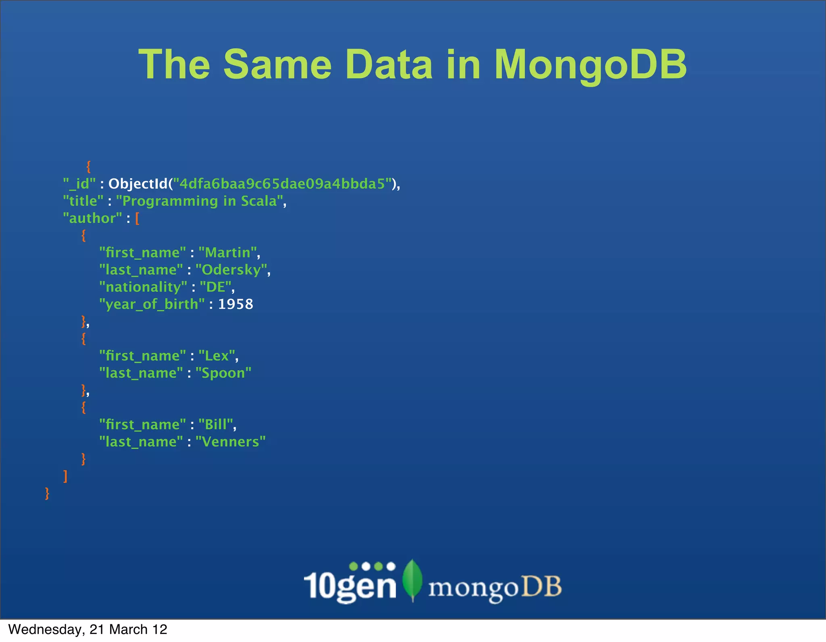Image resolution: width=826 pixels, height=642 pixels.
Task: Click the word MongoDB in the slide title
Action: click(x=590, y=64)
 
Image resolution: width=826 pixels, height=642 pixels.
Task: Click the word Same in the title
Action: click(x=277, y=64)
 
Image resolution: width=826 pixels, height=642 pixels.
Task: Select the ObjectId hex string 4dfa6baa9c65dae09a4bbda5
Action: click(x=282, y=184)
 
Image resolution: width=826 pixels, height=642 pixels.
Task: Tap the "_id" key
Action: click(x=79, y=184)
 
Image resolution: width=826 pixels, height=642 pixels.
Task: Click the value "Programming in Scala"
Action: click(x=199, y=201)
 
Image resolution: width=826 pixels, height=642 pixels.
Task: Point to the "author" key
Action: click(x=92, y=218)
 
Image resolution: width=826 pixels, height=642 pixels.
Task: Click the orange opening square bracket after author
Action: click(x=137, y=218)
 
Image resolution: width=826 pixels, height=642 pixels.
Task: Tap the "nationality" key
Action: click(x=143, y=287)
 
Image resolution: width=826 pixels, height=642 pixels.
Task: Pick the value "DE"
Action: click(x=216, y=287)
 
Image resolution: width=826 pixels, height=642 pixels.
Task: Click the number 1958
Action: click(x=236, y=304)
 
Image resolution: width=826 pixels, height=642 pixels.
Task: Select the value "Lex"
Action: click(x=217, y=356)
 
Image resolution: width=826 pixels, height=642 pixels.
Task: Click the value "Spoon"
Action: click(x=223, y=373)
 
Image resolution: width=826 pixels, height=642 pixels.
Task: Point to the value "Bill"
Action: click(x=216, y=425)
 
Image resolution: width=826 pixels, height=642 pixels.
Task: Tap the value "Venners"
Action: click(x=230, y=442)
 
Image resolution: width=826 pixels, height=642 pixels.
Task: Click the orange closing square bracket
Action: click(x=65, y=476)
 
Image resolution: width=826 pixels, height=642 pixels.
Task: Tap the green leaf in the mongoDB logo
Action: click(x=412, y=579)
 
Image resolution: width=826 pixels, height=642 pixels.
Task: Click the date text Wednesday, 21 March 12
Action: click(x=88, y=630)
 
